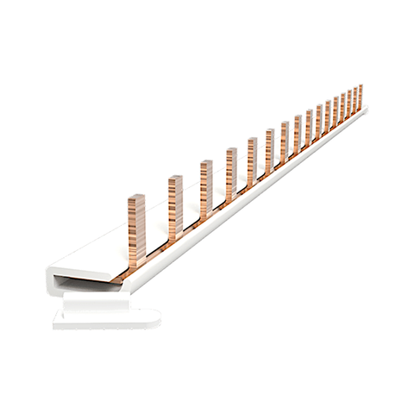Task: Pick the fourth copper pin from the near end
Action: pyautogui.click(x=231, y=172)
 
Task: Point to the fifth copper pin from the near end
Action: pyautogui.click(x=252, y=160)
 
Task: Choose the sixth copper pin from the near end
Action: pyautogui.click(x=269, y=149)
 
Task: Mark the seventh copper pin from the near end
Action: pyautogui.click(x=284, y=141)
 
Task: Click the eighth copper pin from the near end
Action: pyautogui.click(x=297, y=134)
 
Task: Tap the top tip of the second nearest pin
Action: pyautogui.click(x=175, y=179)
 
